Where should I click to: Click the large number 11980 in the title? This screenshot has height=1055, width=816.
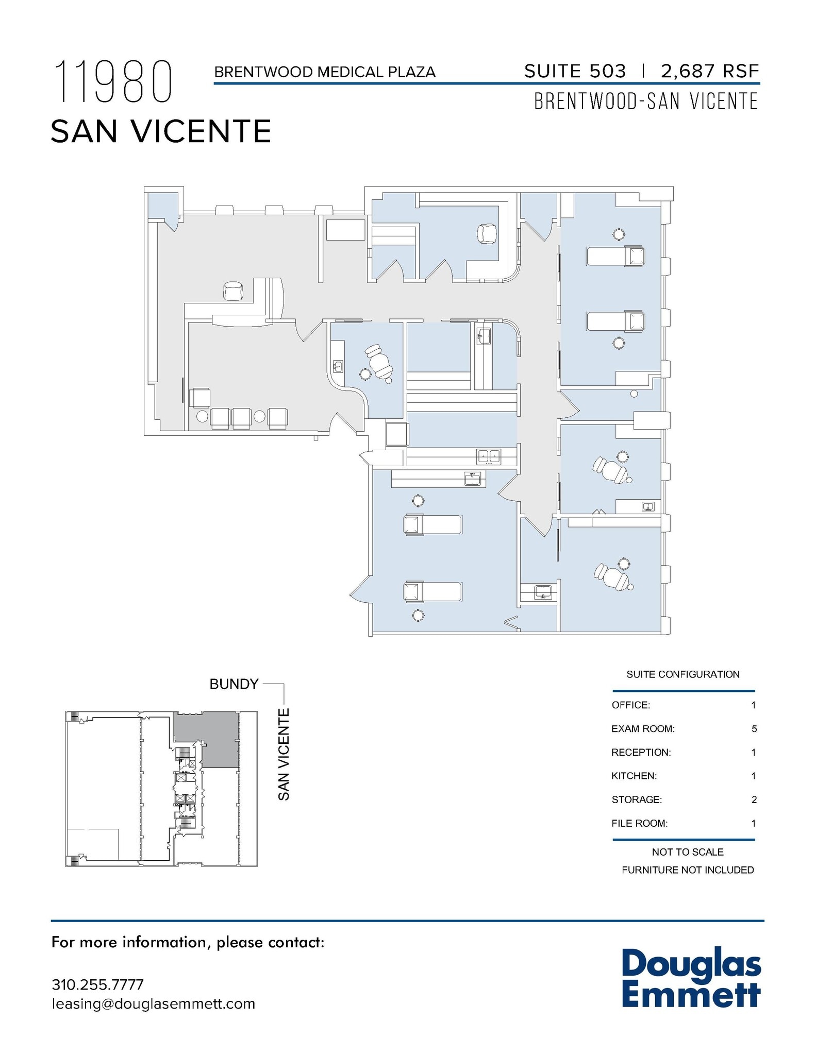(112, 82)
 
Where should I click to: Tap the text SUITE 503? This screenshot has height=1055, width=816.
(575, 71)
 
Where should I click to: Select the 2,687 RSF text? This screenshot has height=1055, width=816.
(710, 71)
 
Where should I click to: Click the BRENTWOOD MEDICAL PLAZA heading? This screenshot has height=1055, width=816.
(325, 72)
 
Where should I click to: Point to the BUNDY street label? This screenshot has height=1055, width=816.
(234, 684)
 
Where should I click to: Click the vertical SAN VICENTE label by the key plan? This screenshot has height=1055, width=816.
(284, 754)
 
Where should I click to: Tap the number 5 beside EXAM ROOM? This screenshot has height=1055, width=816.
(754, 729)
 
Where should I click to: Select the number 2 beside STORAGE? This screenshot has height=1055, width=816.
(754, 799)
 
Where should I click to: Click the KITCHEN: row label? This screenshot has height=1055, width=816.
(634, 776)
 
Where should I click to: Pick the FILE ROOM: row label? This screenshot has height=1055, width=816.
(639, 823)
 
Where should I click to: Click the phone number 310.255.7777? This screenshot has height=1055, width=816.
(97, 984)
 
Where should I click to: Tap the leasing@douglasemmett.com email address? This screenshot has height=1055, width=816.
(154, 1004)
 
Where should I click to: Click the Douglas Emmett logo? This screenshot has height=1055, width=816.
(691, 978)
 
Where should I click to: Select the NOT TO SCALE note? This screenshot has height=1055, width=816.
(688, 852)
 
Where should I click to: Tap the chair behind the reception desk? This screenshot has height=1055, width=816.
(233, 291)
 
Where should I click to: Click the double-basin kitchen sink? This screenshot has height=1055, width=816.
(488, 456)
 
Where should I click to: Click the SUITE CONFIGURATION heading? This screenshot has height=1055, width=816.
(682, 674)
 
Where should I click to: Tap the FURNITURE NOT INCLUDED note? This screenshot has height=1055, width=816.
(688, 870)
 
